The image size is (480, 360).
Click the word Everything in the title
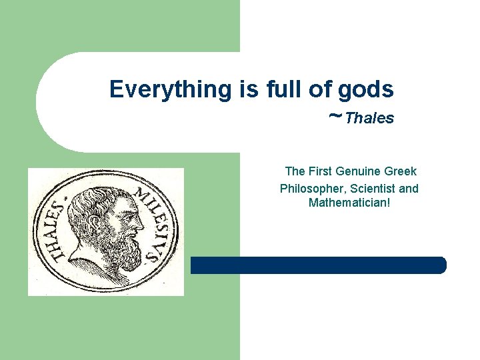click(x=170, y=89)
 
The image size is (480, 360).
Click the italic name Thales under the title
click(x=370, y=119)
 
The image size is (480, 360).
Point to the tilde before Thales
click(x=335, y=116)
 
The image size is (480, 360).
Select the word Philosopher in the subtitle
click(x=311, y=189)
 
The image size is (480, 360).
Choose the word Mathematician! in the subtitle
click(x=349, y=202)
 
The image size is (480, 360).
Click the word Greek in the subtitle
click(x=400, y=171)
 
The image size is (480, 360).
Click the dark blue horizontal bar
click(x=318, y=265)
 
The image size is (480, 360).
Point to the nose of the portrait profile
click(x=141, y=221)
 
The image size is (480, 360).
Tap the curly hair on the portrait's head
click(x=93, y=200)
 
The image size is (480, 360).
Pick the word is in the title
click(x=247, y=89)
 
